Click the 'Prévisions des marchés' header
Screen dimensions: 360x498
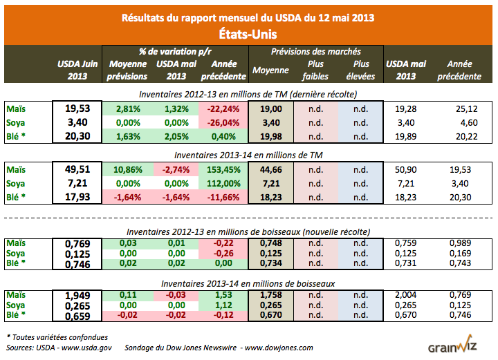[316, 52]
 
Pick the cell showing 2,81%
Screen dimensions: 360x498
[128, 108]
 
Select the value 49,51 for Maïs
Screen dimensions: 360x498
[77, 169]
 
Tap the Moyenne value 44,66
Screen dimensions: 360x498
[270, 169]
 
